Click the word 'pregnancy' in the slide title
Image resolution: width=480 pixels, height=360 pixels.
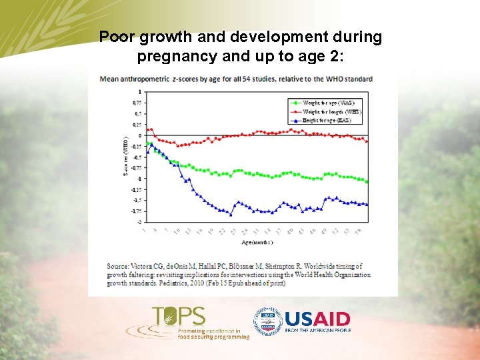(x=173, y=56)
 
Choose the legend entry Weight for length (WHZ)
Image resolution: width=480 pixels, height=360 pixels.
(x=332, y=112)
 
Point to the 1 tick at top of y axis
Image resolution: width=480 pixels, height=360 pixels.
(x=139, y=91)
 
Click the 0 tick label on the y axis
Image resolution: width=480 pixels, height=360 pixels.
(x=139, y=135)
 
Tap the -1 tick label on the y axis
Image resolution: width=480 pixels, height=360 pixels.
(x=138, y=179)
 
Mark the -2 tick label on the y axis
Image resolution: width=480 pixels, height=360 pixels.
(x=138, y=222)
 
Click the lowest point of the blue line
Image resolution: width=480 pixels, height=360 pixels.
(x=231, y=215)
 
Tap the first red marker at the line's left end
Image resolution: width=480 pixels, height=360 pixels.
(x=146, y=130)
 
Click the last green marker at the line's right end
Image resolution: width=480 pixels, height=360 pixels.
(x=367, y=182)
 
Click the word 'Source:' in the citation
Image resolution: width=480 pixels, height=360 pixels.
(x=117, y=267)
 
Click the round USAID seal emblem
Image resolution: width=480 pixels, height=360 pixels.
(x=267, y=321)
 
